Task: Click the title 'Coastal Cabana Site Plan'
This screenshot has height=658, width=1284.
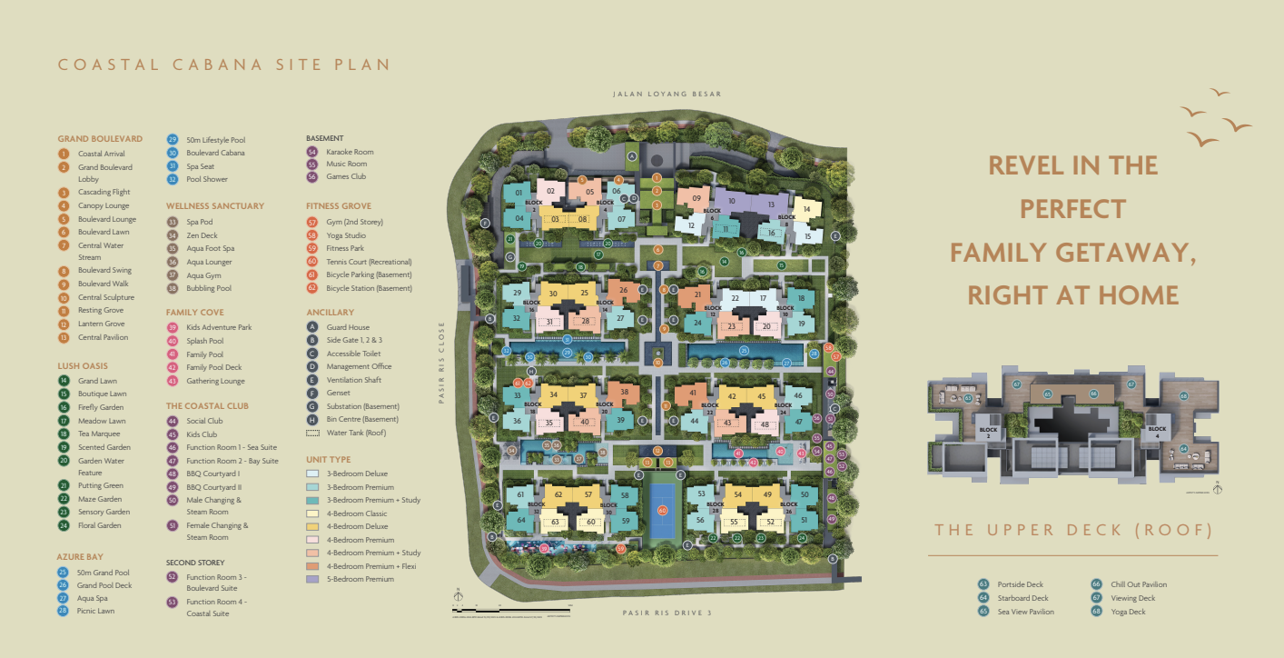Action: [x=224, y=65]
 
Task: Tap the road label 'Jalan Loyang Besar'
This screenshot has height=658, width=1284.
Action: [x=667, y=94]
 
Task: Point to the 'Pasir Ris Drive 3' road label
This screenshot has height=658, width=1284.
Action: [x=667, y=613]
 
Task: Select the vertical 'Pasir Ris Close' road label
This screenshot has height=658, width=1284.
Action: [x=444, y=363]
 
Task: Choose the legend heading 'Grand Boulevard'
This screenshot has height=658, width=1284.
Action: [x=100, y=139]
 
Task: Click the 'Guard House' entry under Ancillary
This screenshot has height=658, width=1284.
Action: [x=347, y=327]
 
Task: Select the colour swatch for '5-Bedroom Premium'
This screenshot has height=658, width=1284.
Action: [x=312, y=579]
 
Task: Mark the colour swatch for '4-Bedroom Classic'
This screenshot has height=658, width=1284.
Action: [x=312, y=513]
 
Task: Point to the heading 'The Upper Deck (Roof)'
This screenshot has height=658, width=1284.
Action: [x=1073, y=530]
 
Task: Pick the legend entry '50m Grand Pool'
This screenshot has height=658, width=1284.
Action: [x=104, y=573]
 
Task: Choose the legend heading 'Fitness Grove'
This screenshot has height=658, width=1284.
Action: [x=339, y=206]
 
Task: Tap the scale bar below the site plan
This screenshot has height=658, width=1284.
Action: [x=509, y=606]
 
